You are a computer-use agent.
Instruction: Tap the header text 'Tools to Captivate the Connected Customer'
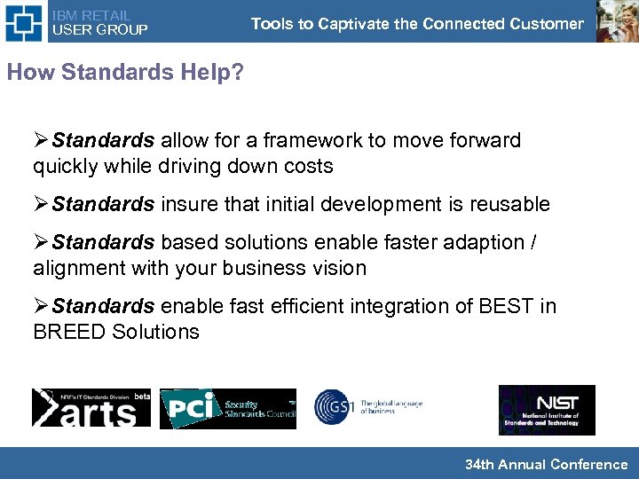[x=417, y=24]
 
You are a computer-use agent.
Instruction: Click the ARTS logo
[x=91, y=408]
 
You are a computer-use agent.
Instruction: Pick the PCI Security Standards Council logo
[x=228, y=408]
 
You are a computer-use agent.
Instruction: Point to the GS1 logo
[x=367, y=407]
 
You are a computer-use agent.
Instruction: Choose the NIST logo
[x=547, y=409]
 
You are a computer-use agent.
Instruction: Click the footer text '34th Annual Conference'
[x=546, y=464]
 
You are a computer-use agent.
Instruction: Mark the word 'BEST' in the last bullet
[x=505, y=307]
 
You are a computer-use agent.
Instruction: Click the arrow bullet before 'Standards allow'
[x=42, y=141]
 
